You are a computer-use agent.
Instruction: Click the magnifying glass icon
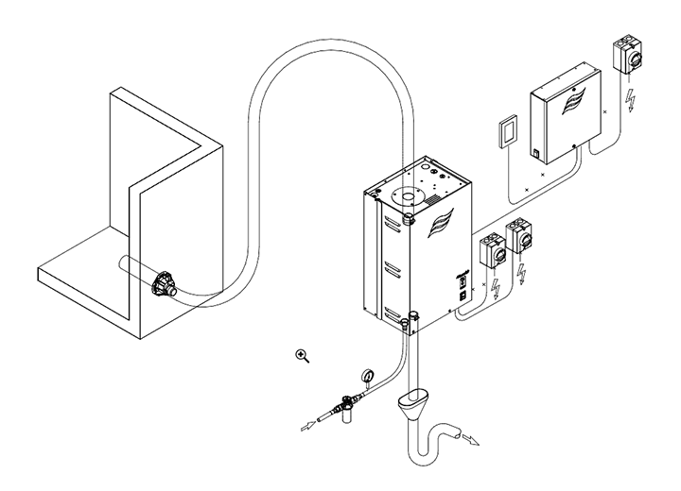pyautogui.click(x=303, y=356)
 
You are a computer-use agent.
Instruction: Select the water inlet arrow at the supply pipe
pyautogui.click(x=307, y=427)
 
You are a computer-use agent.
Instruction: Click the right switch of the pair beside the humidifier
pyautogui.click(x=519, y=239)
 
